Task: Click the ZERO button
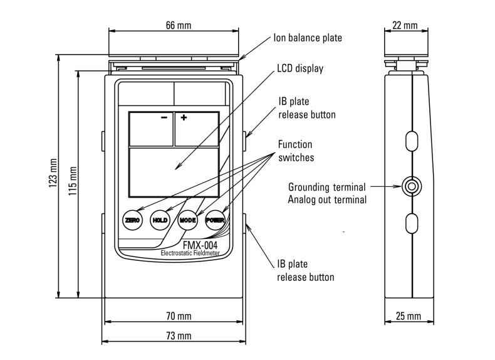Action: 133,220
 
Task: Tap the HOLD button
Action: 160,220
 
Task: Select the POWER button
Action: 216,220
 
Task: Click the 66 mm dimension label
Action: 179,25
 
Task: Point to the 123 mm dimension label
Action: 53,173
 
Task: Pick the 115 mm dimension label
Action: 73,181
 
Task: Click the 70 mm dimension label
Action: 179,315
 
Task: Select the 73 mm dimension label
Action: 179,336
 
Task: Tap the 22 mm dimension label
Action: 405,25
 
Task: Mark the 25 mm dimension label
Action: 409,316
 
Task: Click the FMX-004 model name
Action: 200,245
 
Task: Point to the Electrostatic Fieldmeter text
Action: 190,253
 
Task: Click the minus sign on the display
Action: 164,117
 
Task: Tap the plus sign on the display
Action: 184,117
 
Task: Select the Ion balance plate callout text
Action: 308,38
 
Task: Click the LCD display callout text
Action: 300,68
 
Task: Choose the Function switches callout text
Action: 296,151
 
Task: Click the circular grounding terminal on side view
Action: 412,186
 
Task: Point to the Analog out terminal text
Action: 327,199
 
